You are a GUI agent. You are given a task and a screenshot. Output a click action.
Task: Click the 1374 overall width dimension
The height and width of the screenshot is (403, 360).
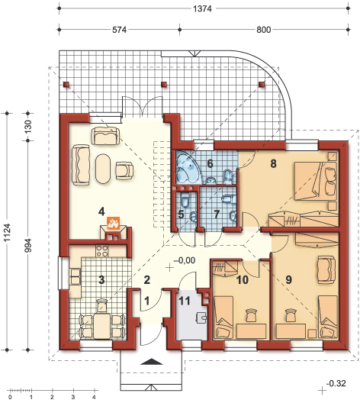tap(202, 9)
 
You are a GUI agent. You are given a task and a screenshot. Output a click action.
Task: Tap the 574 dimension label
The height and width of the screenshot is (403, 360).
tap(120, 30)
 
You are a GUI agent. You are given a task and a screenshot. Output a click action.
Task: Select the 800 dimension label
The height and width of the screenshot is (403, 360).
tap(264, 30)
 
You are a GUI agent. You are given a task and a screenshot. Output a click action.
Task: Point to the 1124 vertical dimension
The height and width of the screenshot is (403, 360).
tap(7, 232)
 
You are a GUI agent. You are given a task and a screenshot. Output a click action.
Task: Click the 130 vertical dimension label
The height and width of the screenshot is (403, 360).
tap(27, 127)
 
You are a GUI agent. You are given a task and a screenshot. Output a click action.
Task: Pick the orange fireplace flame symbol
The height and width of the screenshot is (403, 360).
tap(113, 223)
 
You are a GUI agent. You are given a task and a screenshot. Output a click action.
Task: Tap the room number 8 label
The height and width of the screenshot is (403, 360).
tap(273, 163)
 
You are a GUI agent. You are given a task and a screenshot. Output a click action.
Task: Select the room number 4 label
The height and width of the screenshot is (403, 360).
tap(101, 211)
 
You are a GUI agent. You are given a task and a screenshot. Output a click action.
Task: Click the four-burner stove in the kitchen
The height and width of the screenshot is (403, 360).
tap(101, 251)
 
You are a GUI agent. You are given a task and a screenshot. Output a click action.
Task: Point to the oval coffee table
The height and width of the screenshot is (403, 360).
tap(104, 169)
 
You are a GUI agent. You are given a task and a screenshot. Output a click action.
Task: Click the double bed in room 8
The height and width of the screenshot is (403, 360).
tap(316, 181)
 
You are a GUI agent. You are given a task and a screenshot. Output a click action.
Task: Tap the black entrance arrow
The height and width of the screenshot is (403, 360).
tap(152, 362)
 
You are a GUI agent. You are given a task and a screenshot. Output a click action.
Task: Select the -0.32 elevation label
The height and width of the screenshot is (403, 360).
tap(336, 383)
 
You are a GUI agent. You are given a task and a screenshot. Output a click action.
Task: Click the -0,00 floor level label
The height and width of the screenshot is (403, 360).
tap(184, 260)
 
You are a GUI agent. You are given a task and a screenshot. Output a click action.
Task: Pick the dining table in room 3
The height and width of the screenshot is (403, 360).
tap(102, 325)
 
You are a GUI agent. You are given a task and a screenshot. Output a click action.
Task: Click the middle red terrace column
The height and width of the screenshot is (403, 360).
tap(164, 84)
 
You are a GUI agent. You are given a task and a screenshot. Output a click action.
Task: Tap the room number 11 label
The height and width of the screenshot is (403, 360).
tap(185, 301)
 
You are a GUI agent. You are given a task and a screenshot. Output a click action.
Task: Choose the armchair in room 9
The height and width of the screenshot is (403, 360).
tap(326, 269)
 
